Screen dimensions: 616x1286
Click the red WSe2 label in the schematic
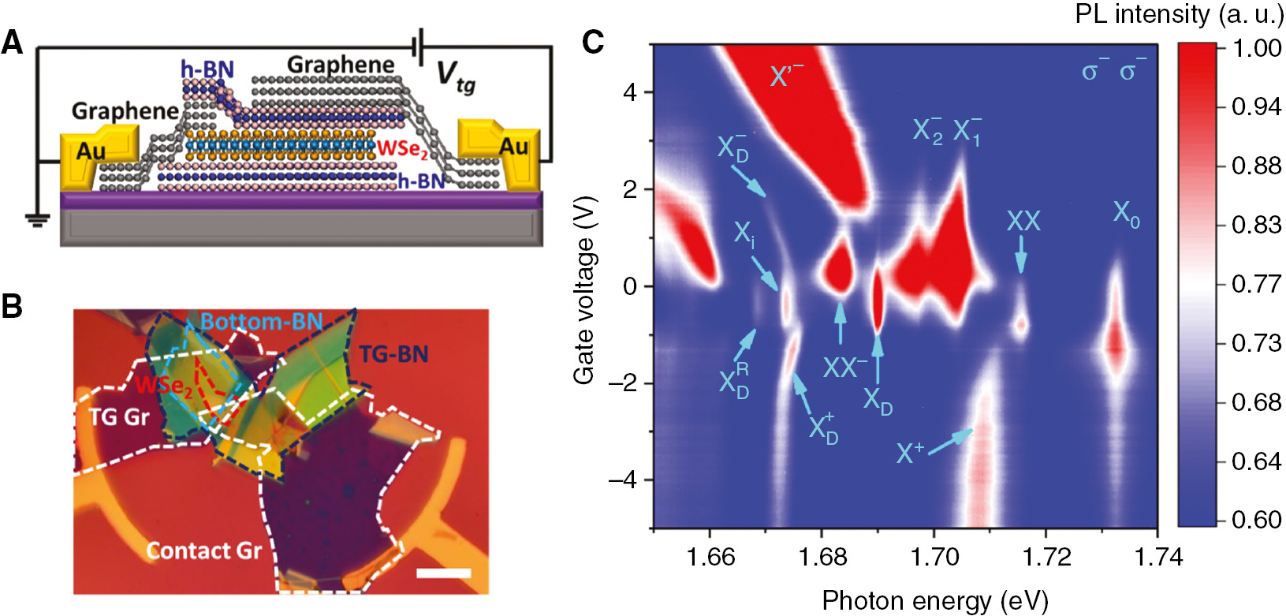401,149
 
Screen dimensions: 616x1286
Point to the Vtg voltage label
457,77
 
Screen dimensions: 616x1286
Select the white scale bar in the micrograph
443,573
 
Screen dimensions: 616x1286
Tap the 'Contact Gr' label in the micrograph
203,551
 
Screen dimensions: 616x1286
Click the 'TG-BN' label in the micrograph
393,354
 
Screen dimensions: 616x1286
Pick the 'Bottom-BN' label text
261,322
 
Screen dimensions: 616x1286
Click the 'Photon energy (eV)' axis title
934,601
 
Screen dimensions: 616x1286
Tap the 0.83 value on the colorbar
1257,225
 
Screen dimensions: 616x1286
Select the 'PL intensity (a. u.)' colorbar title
1178,14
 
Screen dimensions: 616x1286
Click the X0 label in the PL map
1126,213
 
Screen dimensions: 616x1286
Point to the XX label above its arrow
1023,221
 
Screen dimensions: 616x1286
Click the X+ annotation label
910,453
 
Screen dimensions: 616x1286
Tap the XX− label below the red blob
844,367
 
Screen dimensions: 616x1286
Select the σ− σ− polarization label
1113,71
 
